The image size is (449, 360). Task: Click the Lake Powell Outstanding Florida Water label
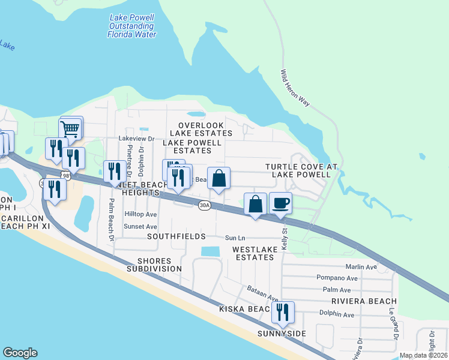point(131,26)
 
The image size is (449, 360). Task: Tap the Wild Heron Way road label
point(295,88)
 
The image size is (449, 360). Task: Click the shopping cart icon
point(70,128)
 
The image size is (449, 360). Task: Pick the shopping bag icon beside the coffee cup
point(256,204)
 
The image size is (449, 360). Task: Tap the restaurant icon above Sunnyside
point(282,312)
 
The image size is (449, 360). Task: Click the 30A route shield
point(205,205)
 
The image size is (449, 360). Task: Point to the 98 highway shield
point(65,175)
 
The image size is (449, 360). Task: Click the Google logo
point(20,353)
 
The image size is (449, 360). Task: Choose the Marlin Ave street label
point(361,267)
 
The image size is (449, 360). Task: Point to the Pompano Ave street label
point(337,278)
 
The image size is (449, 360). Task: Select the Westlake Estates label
point(253,253)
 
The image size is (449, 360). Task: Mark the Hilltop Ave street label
point(140,214)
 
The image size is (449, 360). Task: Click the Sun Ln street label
point(234,238)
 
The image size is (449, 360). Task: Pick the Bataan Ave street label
point(262,293)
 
